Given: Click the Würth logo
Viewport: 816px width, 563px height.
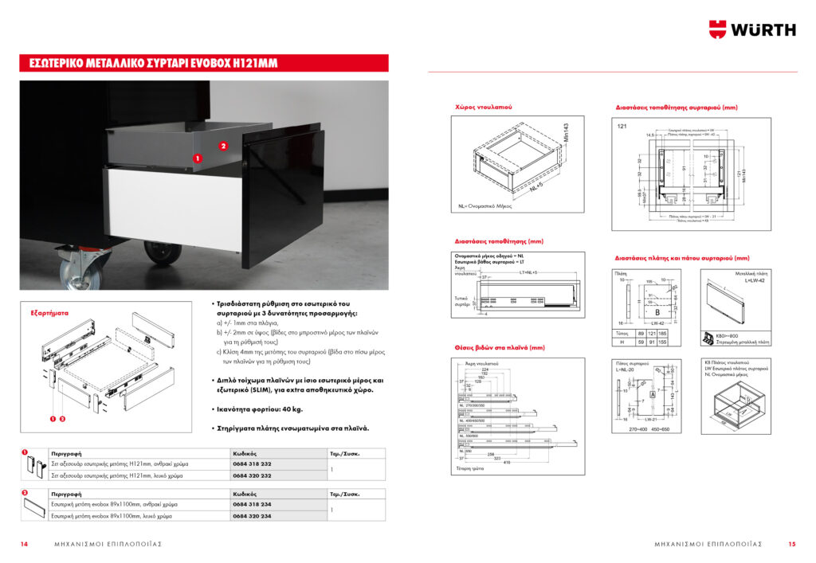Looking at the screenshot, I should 752,29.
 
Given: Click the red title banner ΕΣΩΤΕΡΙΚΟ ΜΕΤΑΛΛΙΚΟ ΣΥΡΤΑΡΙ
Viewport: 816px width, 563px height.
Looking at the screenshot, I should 204,63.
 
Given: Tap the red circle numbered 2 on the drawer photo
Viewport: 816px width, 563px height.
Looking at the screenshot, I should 223,147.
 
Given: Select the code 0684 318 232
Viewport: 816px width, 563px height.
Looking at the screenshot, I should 253,463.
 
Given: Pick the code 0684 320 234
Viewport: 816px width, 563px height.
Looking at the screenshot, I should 253,516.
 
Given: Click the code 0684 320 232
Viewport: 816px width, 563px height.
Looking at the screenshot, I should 253,475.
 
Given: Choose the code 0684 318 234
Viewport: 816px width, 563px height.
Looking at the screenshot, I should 253,504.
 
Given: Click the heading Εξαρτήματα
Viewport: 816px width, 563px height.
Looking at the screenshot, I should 49,313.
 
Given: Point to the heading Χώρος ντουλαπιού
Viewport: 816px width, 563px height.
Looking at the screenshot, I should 483,106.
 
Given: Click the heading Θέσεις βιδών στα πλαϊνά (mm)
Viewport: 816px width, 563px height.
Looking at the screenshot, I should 499,347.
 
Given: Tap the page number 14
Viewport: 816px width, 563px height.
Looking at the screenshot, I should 25,544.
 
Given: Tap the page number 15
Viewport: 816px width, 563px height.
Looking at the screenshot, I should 791,544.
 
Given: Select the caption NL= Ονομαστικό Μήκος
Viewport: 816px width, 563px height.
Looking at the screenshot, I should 484,205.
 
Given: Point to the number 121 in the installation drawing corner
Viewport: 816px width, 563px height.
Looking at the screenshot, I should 623,127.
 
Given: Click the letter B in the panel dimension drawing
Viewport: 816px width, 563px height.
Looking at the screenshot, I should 657,312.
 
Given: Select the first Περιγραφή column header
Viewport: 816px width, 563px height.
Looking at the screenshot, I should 65,452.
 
